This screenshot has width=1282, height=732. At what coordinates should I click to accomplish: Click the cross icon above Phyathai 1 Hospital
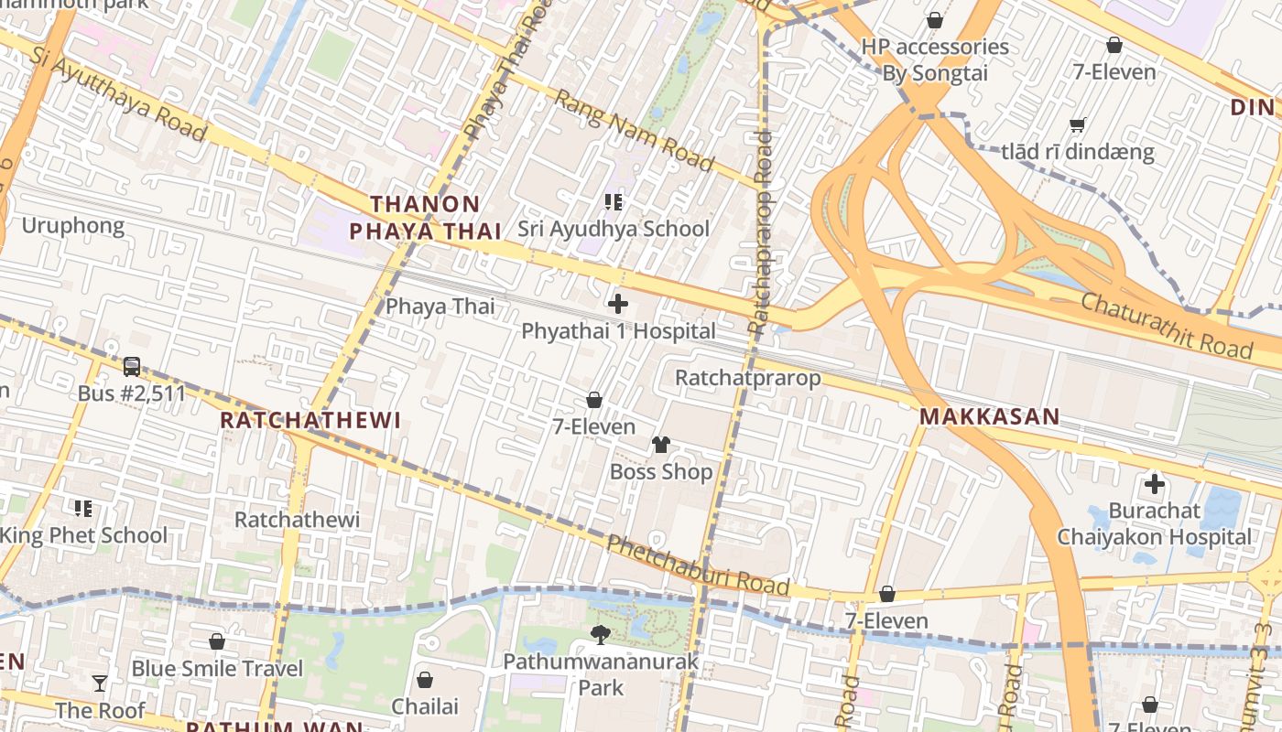click(618, 303)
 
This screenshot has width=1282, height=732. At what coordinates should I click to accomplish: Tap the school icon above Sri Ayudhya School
click(614, 201)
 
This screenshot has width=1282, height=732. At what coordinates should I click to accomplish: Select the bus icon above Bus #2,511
click(132, 367)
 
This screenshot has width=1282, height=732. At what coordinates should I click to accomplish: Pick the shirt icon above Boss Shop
click(660, 445)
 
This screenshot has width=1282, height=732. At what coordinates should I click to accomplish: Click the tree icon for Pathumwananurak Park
click(601, 633)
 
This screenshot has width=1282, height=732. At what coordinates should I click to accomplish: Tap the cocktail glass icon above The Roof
click(100, 683)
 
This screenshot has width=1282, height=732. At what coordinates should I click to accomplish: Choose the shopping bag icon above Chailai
click(424, 679)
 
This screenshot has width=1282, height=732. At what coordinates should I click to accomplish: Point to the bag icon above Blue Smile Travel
click(217, 641)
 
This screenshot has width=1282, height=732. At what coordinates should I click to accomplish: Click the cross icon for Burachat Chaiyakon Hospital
click(1154, 483)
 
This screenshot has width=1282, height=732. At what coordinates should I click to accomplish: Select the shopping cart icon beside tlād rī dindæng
click(1078, 124)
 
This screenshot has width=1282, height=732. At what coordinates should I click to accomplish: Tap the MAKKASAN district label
click(989, 417)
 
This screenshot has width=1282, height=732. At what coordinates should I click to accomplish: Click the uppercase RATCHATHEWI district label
click(311, 421)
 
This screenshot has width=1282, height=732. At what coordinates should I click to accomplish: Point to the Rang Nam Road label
click(634, 131)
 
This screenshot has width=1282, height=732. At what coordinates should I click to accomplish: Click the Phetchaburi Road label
click(698, 565)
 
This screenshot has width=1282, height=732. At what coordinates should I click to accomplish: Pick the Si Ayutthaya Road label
click(118, 94)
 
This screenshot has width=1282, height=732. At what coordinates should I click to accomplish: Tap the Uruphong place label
click(72, 226)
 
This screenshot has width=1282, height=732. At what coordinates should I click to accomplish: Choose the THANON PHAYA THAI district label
click(426, 218)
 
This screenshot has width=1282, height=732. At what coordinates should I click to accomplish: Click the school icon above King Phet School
click(83, 508)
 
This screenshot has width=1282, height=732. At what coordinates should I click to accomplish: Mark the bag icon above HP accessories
click(935, 19)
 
